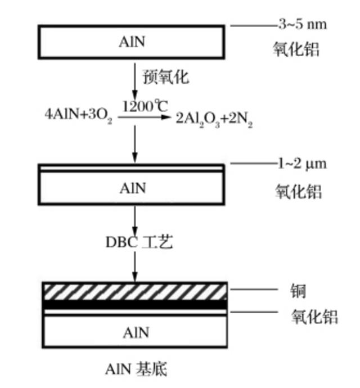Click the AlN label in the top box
133,42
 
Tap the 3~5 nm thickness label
301,24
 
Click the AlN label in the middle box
133,188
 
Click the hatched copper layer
135,292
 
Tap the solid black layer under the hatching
135,304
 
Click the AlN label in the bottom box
136,332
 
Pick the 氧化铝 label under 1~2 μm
298,191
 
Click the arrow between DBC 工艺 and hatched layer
135,267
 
